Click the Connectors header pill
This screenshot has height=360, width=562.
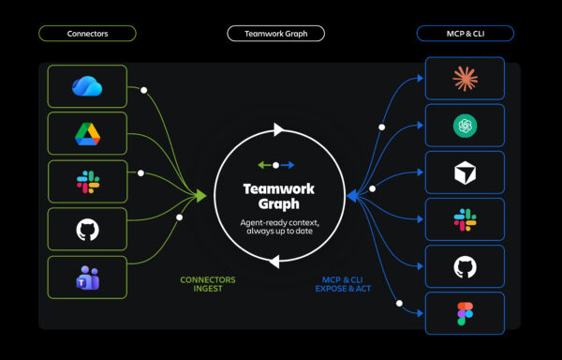click(87, 34)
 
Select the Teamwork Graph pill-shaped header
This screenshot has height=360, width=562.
click(276, 34)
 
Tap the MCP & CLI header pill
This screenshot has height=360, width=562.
click(466, 34)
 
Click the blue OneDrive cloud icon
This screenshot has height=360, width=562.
click(87, 86)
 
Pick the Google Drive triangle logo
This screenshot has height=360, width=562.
click(87, 134)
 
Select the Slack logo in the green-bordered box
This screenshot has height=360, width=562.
click(88, 182)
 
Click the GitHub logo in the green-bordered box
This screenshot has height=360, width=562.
click(87, 230)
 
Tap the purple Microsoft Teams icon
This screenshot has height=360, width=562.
click(87, 277)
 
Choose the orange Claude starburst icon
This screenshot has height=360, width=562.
click(466, 79)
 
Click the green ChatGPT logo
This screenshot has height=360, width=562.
click(466, 126)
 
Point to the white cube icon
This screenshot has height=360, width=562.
click(466, 172)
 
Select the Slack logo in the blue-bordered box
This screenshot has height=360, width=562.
click(466, 219)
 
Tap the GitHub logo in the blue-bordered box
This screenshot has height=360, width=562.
click(466, 267)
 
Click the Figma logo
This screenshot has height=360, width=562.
click(466, 314)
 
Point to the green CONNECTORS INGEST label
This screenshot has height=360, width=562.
click(208, 284)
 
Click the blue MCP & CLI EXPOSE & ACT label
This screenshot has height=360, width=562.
click(343, 284)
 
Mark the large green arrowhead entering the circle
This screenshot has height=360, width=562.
click(201, 196)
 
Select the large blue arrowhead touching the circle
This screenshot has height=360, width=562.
click(353, 196)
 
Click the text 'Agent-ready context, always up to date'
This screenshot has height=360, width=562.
click(279, 227)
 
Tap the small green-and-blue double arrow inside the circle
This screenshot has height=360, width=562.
click(276, 165)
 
